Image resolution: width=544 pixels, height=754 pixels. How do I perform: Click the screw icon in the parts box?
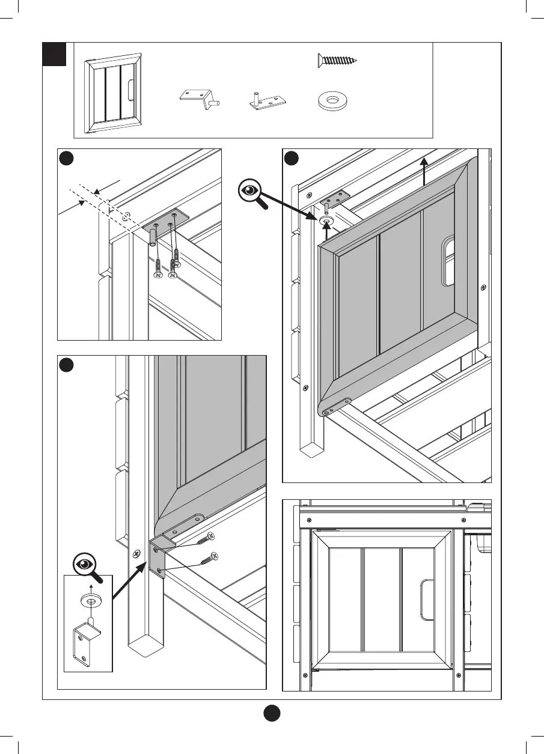tap(337, 60)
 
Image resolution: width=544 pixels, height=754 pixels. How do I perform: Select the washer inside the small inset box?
tap(91, 601)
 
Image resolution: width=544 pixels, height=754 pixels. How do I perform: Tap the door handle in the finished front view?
tap(426, 599)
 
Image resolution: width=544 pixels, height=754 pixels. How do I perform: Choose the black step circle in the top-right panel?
tap(292, 159)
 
